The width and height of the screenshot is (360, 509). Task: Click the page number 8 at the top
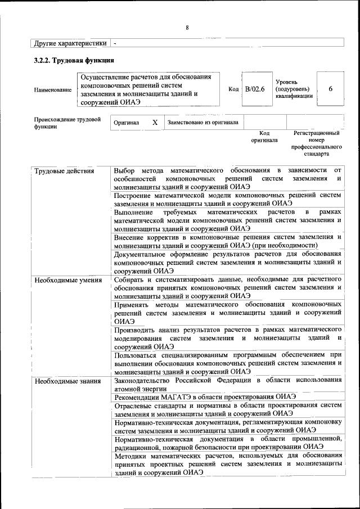point(187,28)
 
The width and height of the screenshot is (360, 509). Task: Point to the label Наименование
point(53,90)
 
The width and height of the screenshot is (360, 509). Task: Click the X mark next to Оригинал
point(155,122)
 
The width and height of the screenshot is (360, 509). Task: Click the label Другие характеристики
point(70,43)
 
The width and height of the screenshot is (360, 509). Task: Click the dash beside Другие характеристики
point(115,43)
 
